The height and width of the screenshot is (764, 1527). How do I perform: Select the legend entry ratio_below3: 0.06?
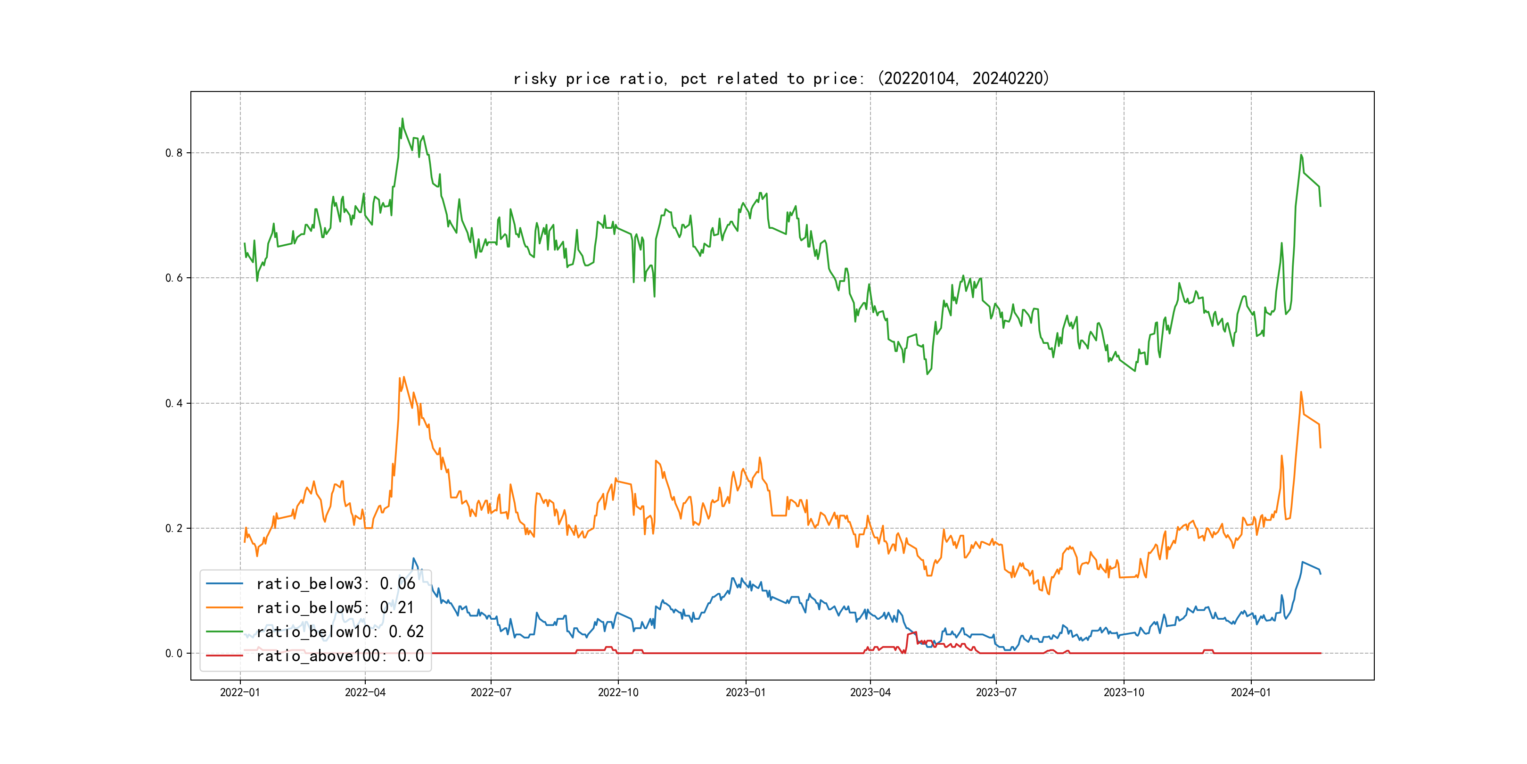click(x=336, y=584)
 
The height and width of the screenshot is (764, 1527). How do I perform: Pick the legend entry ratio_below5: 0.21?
click(x=335, y=607)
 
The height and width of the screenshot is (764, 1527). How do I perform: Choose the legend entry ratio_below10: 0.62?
click(x=340, y=632)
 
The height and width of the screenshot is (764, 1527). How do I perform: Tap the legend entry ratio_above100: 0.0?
click(x=340, y=656)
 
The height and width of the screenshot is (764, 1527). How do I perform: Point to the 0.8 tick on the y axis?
click(x=174, y=153)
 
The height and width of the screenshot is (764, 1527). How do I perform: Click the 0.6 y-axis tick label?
click(x=174, y=278)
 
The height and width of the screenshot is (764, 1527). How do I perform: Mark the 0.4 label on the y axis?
click(x=174, y=403)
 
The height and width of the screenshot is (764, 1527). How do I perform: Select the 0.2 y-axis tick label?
click(x=174, y=529)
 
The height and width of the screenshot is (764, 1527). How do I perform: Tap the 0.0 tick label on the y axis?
click(x=174, y=654)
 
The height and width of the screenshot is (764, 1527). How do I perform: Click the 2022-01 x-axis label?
click(x=240, y=692)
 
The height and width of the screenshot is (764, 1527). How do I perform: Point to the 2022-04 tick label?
click(x=365, y=692)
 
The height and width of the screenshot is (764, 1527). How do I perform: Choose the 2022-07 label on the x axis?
click(x=491, y=692)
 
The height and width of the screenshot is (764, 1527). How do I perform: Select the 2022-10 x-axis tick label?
click(x=618, y=692)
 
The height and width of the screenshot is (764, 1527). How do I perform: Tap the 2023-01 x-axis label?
click(x=746, y=692)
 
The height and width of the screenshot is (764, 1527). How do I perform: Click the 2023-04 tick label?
click(x=870, y=692)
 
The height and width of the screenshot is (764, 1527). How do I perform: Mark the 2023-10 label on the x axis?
click(x=1124, y=692)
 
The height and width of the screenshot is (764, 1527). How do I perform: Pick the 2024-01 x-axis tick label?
click(x=1251, y=692)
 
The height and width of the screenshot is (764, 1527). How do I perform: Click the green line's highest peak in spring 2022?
click(x=402, y=119)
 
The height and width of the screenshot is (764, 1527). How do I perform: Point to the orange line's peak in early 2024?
click(x=1301, y=392)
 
